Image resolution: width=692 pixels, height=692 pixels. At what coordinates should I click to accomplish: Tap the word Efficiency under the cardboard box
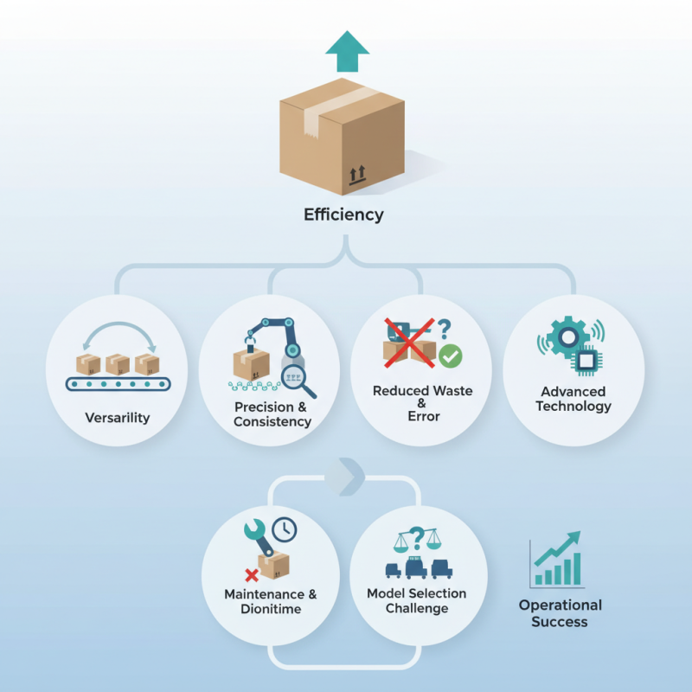point(343,215)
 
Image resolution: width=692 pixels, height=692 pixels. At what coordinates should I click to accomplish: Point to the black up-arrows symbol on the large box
point(356,176)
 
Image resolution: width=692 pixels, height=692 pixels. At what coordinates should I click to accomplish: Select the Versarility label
point(118,418)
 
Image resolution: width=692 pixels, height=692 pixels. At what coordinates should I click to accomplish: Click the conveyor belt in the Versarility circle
point(118,383)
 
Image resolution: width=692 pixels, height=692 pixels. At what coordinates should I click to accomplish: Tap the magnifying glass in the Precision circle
point(298,379)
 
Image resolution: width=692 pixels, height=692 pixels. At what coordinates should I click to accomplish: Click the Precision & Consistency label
point(272,414)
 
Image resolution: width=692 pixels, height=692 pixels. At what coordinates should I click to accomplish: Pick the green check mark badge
point(451,356)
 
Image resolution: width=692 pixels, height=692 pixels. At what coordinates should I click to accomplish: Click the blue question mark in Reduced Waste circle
point(444,329)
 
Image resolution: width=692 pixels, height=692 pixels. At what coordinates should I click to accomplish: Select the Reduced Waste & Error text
point(422,403)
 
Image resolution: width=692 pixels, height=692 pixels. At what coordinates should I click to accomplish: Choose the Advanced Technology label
point(573,399)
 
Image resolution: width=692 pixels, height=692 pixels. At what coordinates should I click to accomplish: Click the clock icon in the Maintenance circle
point(283,529)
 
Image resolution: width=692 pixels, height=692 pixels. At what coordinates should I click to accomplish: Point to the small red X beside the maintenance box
point(252,574)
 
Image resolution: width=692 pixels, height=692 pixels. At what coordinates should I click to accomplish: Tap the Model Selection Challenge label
point(417,600)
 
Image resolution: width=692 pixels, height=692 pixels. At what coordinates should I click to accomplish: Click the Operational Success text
point(560,613)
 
